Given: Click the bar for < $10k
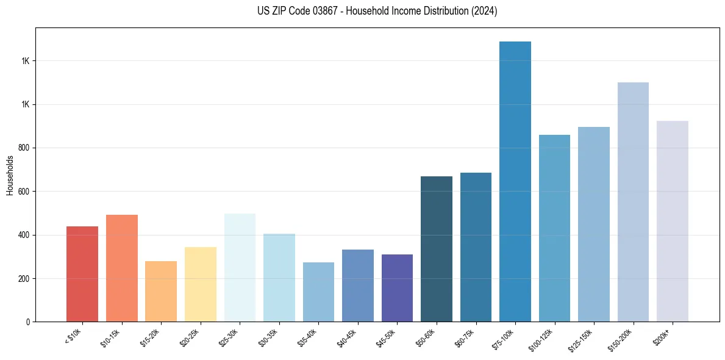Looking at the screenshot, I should point(82,274).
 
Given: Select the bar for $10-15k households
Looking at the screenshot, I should point(122,268).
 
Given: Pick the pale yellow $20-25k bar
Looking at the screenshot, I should point(201,284).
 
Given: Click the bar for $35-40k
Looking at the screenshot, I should point(318,292).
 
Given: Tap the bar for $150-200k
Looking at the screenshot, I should point(633,202).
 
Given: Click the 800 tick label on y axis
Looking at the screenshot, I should point(25,148).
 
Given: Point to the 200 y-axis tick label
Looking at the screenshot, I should point(25,279).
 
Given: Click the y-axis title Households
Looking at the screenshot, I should point(10,175).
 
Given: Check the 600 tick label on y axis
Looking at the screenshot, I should point(25,192).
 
